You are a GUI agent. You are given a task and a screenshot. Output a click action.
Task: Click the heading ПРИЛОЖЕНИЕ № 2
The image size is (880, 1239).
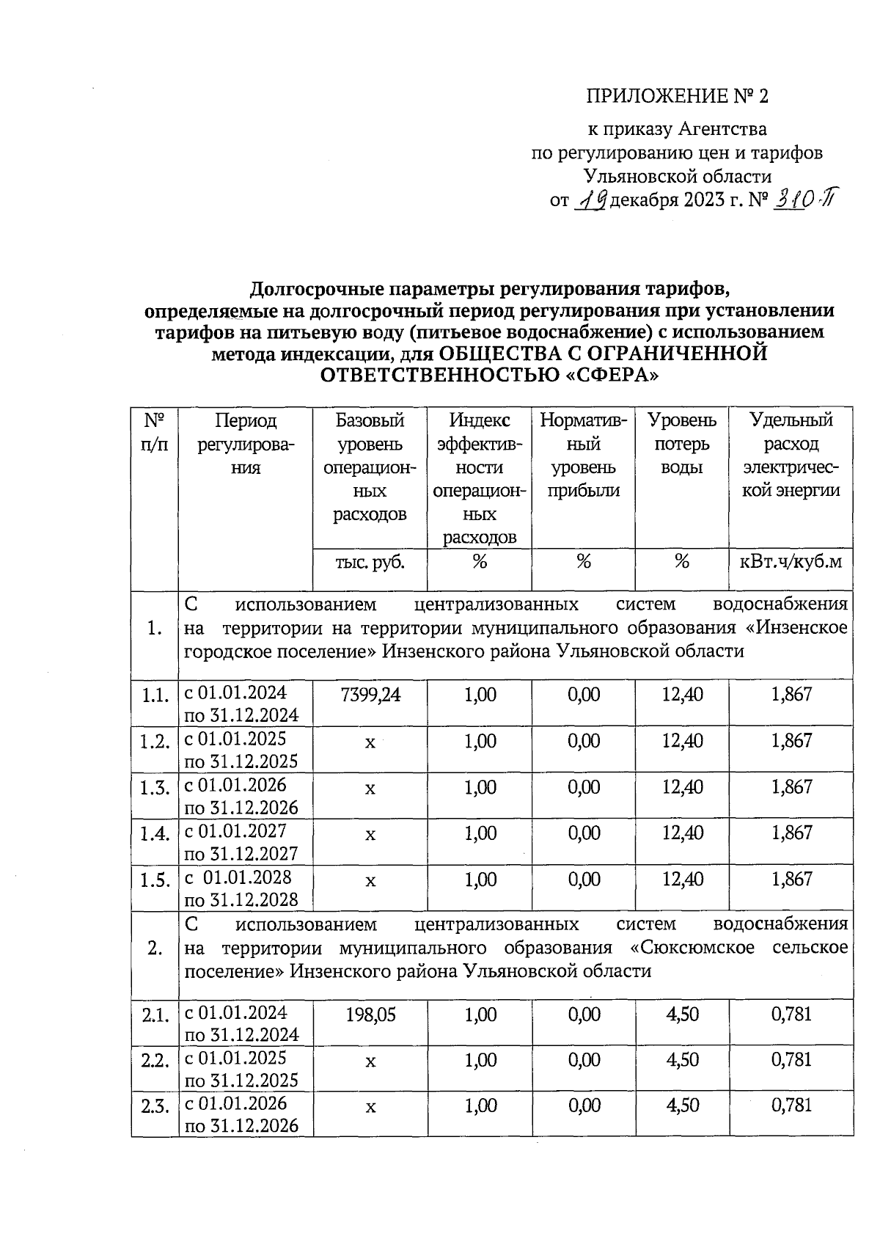[x=678, y=97]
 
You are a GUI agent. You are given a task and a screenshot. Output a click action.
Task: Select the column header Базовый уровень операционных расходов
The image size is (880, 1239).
[x=370, y=467]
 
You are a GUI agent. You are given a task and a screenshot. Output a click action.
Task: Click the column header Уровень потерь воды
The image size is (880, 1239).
[x=681, y=444]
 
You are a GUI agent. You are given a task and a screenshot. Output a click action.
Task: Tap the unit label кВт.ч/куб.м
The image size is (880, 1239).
[x=791, y=562]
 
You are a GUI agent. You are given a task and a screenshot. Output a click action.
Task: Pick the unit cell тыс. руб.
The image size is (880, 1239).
[x=370, y=562]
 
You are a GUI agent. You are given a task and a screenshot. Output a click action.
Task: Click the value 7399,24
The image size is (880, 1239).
[x=370, y=695]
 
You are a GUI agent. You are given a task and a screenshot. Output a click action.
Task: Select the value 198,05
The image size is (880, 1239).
[x=370, y=1015]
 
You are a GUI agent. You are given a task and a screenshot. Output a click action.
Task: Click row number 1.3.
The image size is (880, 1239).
[x=155, y=788]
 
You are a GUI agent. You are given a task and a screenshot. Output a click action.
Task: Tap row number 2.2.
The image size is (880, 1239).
[x=155, y=1061]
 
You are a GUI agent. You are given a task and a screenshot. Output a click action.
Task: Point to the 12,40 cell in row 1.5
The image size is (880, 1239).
[x=682, y=879]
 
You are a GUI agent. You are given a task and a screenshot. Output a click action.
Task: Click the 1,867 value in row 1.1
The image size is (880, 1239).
[x=791, y=694]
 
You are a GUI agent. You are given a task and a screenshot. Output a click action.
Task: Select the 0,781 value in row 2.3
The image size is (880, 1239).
[x=791, y=1105]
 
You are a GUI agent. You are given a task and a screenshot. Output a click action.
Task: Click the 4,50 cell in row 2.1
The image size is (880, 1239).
[x=682, y=1015]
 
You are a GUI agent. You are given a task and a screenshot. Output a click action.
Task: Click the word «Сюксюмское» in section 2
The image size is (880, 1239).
[x=692, y=947]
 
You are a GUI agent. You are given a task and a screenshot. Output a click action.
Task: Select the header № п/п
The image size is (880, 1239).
[x=155, y=432]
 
